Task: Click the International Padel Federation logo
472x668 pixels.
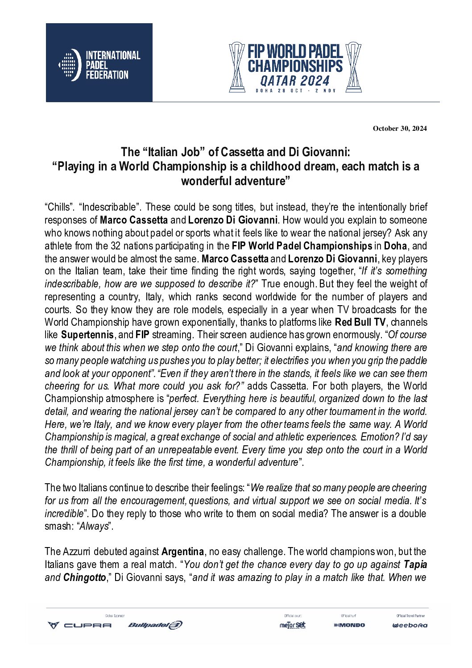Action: pos(99,63)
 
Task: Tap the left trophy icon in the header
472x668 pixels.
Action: pos(237,67)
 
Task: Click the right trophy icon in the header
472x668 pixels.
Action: pos(353,67)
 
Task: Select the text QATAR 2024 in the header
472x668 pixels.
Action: pos(295,81)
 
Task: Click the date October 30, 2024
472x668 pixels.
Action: pos(400,129)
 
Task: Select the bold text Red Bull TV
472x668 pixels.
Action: pos(360,322)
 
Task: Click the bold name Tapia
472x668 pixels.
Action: pos(415,564)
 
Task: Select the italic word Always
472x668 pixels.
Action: pos(94,526)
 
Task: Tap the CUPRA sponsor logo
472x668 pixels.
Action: pos(80,625)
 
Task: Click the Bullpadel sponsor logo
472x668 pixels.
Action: pos(155,625)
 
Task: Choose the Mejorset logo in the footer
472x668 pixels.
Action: pos(293,625)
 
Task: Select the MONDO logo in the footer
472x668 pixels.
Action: pos(349,625)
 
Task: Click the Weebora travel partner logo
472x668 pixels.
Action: pos(410,625)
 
